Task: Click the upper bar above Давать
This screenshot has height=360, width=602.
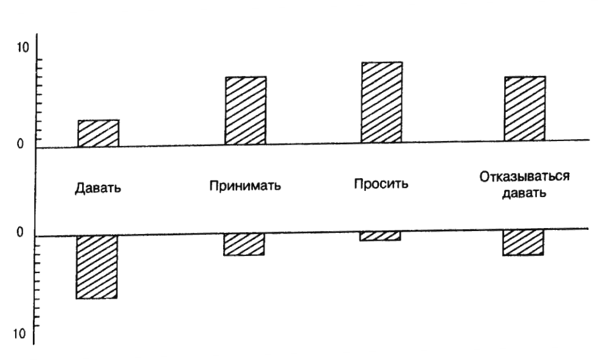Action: click(99, 133)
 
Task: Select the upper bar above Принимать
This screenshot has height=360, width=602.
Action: click(246, 111)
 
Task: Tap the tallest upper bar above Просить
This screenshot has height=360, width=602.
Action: click(382, 102)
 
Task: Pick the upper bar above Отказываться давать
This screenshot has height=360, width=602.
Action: click(525, 109)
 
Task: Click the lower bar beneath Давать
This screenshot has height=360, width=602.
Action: click(97, 266)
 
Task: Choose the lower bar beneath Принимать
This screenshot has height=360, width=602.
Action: click(244, 244)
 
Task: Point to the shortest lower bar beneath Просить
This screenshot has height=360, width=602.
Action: click(380, 236)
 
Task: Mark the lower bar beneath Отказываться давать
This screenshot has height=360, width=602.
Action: click(523, 242)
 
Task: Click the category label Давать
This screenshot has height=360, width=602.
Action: click(99, 188)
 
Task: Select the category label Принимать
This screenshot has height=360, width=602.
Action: click(245, 184)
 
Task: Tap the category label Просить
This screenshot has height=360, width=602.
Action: click(381, 183)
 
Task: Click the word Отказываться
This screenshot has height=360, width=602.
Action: click(524, 178)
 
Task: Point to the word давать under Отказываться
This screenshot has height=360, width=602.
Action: click(524, 195)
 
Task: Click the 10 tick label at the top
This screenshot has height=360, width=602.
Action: click(22, 49)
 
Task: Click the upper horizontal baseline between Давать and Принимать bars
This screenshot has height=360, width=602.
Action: click(170, 145)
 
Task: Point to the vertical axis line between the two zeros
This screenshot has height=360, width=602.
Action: click(36, 190)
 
